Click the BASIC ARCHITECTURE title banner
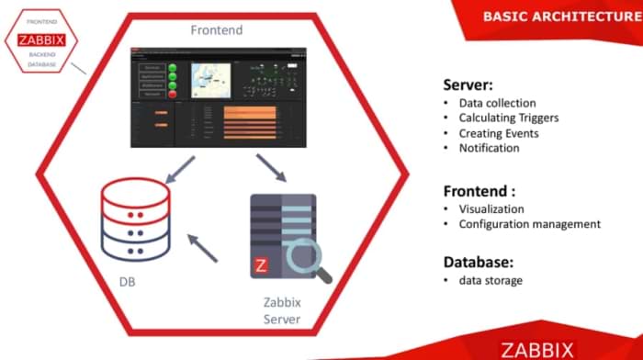click(559, 17)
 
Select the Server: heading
click(469, 84)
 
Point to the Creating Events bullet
click(499, 132)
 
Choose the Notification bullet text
click(489, 147)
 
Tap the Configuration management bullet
click(529, 223)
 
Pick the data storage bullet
click(491, 280)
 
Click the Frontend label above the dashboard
click(218, 29)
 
